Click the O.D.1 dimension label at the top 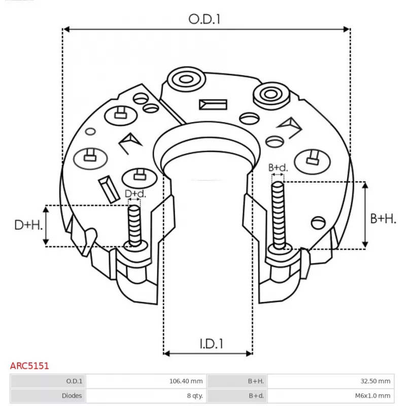pos(206,19)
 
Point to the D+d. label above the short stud pos(136,194)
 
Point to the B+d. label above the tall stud pos(278,167)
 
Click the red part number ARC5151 pos(29,365)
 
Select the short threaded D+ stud pos(134,226)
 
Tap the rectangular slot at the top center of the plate pos(213,105)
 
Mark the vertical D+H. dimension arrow pos(46,225)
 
